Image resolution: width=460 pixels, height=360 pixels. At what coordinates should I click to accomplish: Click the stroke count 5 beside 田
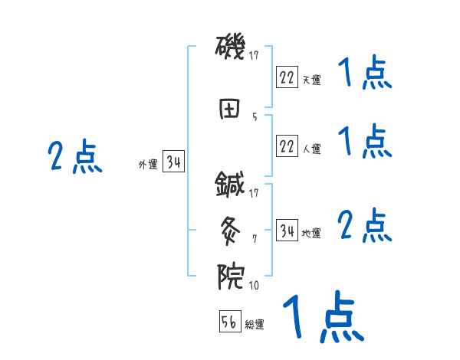[x=255, y=117]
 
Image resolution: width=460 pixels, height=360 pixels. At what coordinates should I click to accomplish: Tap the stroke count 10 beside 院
[x=253, y=286]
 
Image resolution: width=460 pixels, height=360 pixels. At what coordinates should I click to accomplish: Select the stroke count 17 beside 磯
[x=254, y=55]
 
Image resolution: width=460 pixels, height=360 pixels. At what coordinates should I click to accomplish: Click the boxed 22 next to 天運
[x=287, y=77]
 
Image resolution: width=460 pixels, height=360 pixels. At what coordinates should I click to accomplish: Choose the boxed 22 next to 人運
[x=287, y=146]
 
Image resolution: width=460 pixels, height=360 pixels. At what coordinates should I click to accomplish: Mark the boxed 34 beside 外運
[x=172, y=162]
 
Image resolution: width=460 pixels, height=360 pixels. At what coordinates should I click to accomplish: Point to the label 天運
[x=311, y=80]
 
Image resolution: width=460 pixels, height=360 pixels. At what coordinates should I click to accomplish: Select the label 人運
[x=311, y=149]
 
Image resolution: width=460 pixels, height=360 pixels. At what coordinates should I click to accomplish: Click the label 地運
[x=311, y=233]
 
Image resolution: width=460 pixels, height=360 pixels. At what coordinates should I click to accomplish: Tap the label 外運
[x=148, y=164]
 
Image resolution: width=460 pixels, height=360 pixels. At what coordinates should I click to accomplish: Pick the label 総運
[x=255, y=324]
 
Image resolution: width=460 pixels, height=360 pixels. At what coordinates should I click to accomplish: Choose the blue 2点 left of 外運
[x=74, y=158]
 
